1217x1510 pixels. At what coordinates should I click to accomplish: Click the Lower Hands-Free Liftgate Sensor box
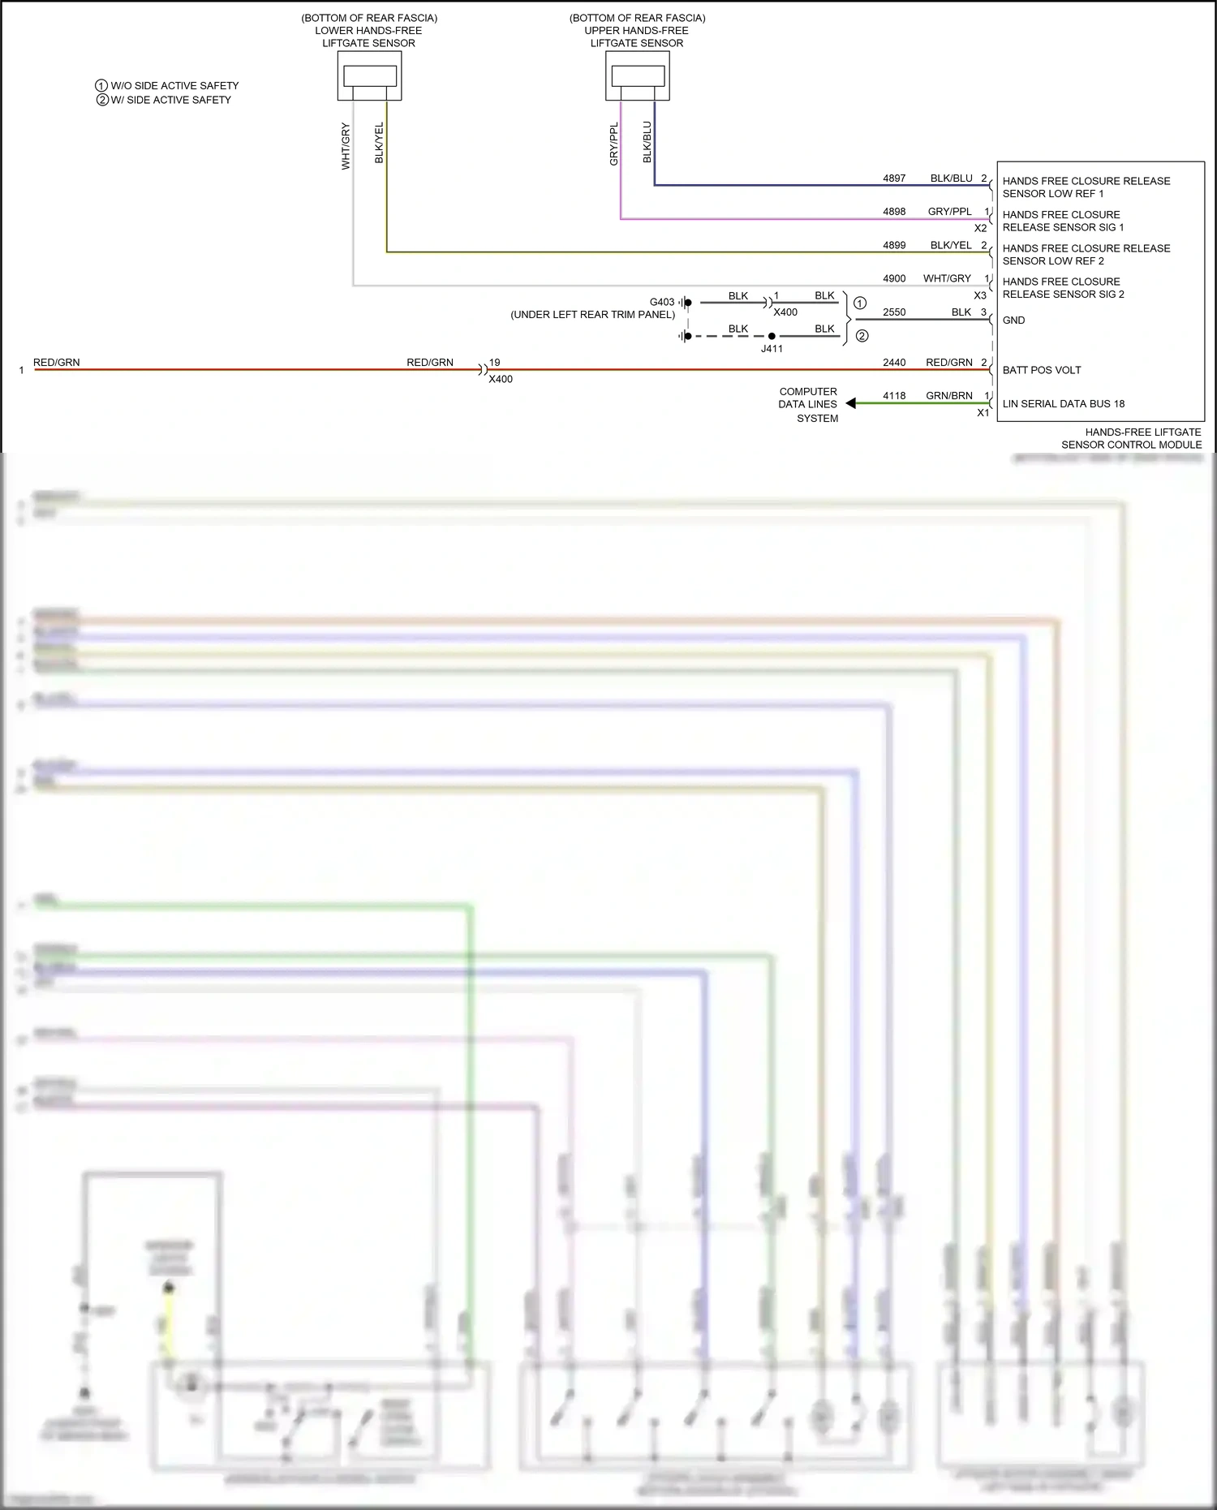coord(369,76)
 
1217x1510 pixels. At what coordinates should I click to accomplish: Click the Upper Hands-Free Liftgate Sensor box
coord(637,76)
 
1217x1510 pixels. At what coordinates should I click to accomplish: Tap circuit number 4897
coord(894,179)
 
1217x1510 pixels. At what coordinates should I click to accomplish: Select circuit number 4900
coord(894,278)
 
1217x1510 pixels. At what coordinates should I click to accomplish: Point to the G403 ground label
coord(662,302)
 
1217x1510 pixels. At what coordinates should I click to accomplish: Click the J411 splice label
coord(772,349)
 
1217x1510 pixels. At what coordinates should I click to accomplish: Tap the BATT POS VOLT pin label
coord(1041,370)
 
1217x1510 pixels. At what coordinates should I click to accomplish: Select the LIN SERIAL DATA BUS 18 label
coord(1063,403)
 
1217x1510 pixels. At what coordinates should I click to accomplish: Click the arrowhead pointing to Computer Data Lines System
coord(850,403)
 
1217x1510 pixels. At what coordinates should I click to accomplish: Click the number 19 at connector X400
coord(495,363)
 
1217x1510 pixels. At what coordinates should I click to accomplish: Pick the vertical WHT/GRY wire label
coord(346,146)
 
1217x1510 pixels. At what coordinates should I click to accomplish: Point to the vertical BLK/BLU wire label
coord(647,142)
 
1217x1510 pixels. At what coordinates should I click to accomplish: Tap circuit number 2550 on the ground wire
coord(894,312)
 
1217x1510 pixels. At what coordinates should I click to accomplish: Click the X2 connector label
coord(980,229)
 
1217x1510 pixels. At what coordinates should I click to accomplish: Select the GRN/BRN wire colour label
coord(948,396)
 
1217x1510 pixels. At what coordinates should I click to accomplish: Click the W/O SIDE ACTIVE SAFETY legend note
coord(174,85)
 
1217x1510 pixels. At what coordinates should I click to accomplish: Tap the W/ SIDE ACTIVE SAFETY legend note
coord(170,100)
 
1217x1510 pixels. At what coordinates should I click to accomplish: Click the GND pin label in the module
coord(1013,320)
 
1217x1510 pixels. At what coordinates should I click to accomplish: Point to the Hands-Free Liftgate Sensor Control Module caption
coord(1132,438)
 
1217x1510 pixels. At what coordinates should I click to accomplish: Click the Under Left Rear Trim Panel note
coord(592,315)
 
